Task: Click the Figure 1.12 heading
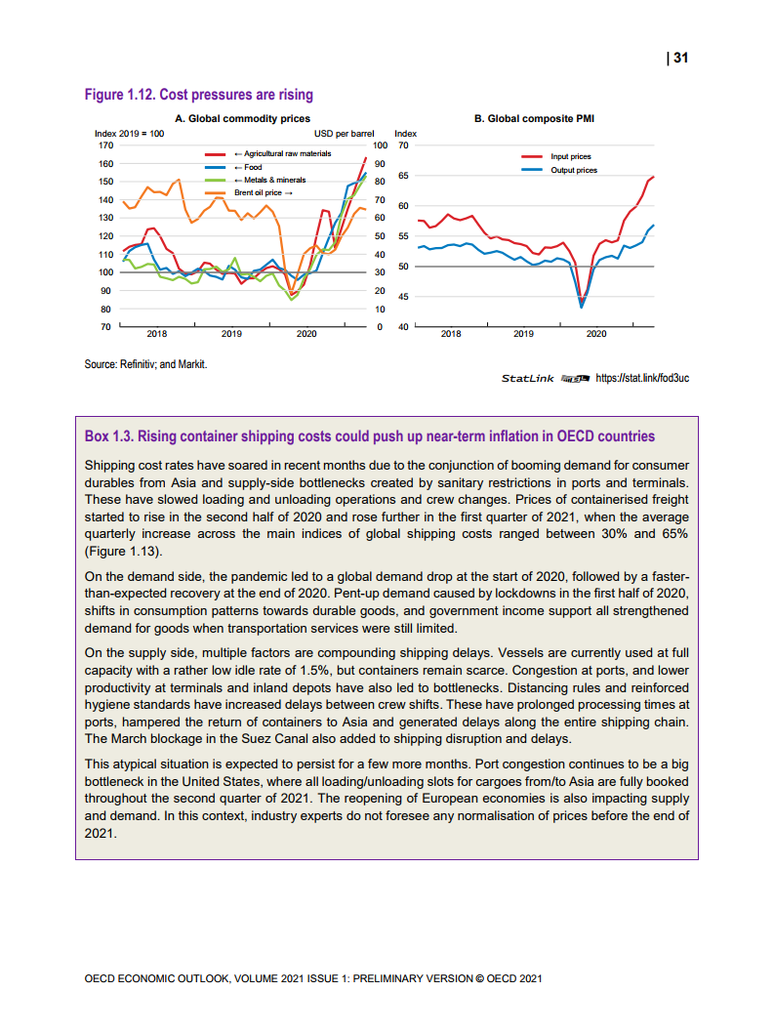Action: click(199, 95)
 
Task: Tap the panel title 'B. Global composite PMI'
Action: click(534, 118)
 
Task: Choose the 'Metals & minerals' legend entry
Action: click(274, 180)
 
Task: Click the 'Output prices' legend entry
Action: click(574, 170)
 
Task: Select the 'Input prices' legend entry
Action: click(571, 156)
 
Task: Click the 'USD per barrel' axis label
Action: click(345, 133)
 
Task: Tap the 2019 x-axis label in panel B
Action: click(523, 334)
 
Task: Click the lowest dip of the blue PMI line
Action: click(582, 307)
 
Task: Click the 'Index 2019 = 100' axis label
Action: click(128, 133)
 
